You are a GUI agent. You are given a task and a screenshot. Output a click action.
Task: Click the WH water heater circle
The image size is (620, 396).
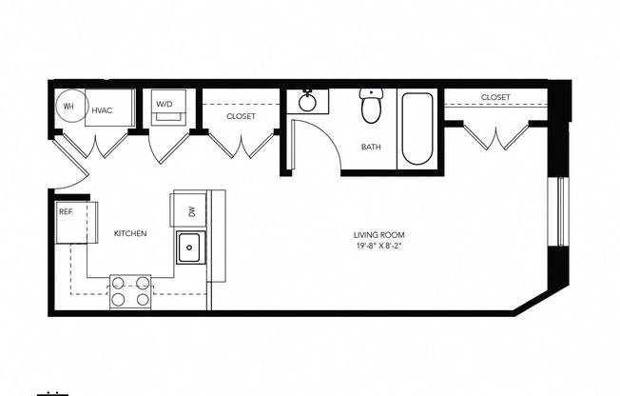tap(68, 107)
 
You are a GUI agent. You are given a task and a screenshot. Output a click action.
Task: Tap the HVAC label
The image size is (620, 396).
tap(102, 110)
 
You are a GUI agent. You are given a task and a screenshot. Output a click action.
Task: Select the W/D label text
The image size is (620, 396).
tap(165, 104)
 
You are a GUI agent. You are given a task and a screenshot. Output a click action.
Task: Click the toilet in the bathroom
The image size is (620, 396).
tap(371, 108)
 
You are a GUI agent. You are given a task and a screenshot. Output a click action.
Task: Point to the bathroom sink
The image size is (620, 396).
tap(308, 101)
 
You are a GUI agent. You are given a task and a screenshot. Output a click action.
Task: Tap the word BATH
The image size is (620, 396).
tap(371, 148)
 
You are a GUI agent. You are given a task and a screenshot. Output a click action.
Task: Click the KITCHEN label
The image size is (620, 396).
tap(130, 233)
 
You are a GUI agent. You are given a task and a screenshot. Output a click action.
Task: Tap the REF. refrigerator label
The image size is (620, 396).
tap(67, 211)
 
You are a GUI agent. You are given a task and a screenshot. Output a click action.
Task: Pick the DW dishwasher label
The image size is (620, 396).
tap(191, 212)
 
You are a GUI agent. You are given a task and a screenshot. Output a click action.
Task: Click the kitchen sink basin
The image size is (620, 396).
tap(188, 250)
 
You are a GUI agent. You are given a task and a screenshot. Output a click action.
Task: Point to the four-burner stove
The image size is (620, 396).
tap(130, 290)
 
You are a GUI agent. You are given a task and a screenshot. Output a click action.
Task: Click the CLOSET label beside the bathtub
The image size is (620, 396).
tap(494, 97)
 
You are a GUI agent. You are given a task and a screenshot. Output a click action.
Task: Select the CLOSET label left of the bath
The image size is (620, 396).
tap(241, 116)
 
